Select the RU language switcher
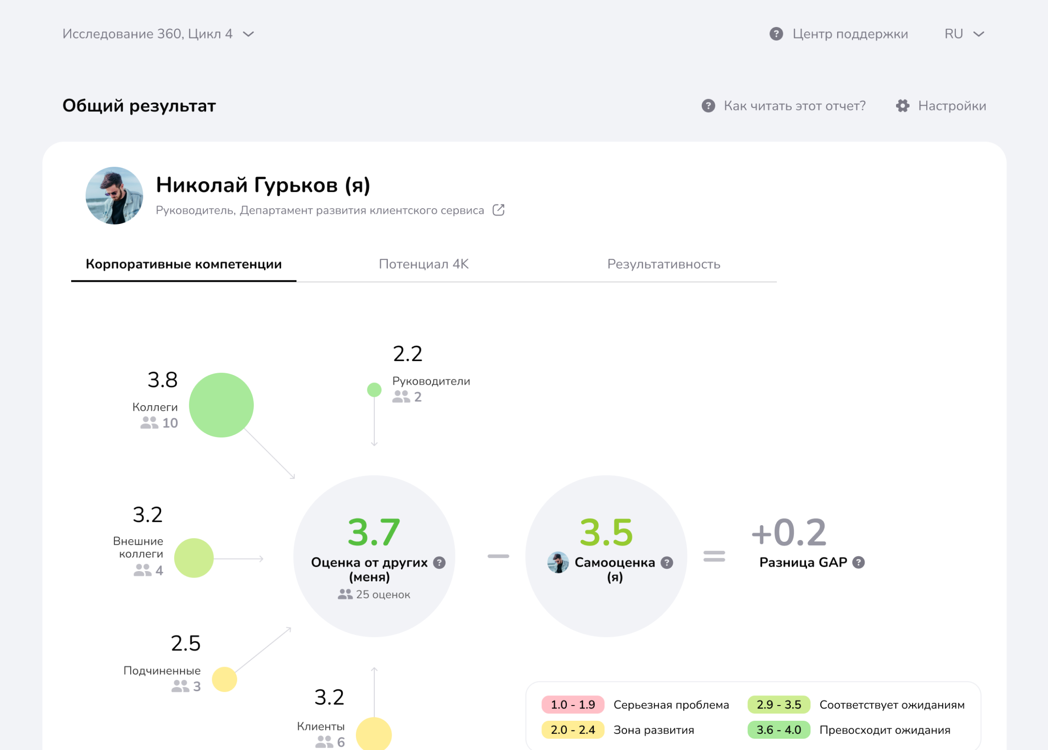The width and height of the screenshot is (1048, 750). pyautogui.click(x=964, y=34)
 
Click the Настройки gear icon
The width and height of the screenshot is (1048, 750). pyautogui.click(x=903, y=106)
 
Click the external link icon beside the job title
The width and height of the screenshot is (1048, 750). pyautogui.click(x=498, y=210)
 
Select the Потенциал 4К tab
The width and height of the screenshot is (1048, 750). pyautogui.click(x=424, y=264)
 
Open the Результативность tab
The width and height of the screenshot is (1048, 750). pyautogui.click(x=663, y=264)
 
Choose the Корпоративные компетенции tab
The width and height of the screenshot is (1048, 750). pyautogui.click(x=183, y=264)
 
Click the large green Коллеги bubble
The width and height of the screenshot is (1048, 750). pyautogui.click(x=221, y=405)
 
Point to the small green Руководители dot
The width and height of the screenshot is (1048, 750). pyautogui.click(x=374, y=390)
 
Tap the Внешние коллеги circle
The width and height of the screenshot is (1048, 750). pyautogui.click(x=193, y=558)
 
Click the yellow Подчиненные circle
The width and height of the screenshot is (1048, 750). pyautogui.click(x=224, y=679)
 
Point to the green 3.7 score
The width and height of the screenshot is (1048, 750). pyautogui.click(x=374, y=533)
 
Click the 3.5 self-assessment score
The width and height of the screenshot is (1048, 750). pyautogui.click(x=606, y=533)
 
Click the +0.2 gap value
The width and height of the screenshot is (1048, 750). pyautogui.click(x=789, y=533)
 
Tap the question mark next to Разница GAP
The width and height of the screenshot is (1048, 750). pyautogui.click(x=858, y=562)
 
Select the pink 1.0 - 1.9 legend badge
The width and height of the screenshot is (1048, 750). pyautogui.click(x=573, y=705)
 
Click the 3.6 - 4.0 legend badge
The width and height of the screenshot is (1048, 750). pyautogui.click(x=779, y=729)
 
